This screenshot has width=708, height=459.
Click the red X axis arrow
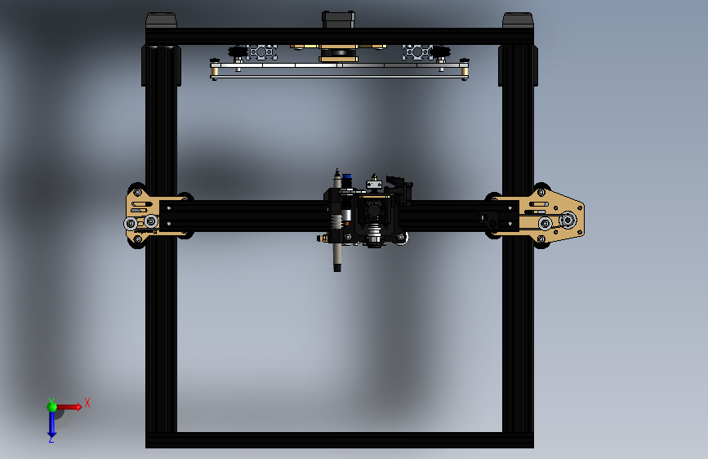[69, 407]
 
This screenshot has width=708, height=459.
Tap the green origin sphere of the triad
[51, 407]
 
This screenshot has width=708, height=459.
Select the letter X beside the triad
[87, 403]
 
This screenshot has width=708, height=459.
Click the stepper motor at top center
[338, 20]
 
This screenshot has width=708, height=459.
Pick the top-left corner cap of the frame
[161, 20]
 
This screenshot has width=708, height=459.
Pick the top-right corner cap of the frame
[518, 20]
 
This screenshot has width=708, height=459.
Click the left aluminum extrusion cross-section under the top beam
[261, 52]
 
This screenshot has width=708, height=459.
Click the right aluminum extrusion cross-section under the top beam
[417, 52]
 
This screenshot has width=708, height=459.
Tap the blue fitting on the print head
[347, 176]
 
